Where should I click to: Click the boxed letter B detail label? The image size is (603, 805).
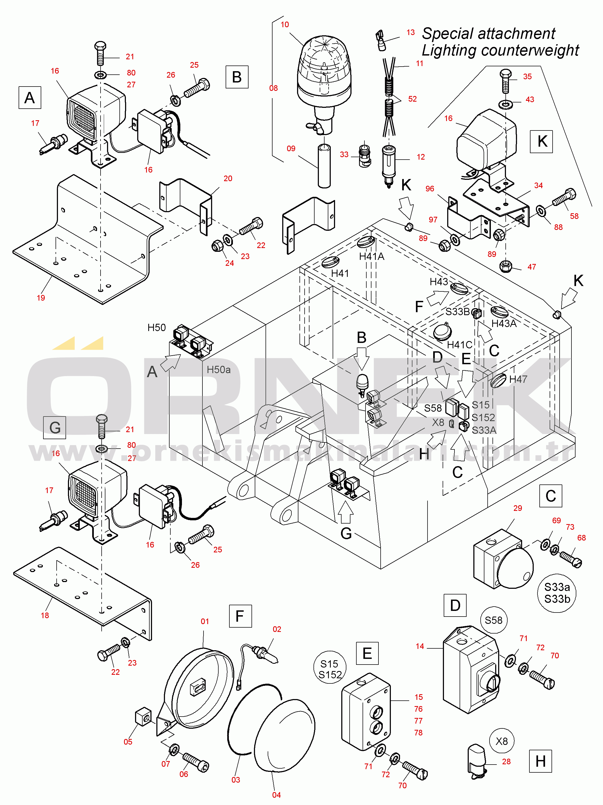(237, 77)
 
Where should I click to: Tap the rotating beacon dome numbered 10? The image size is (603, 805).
(324, 69)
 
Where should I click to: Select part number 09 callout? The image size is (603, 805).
(291, 149)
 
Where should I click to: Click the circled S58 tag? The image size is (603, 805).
(494, 620)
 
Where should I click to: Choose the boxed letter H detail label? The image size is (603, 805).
(540, 761)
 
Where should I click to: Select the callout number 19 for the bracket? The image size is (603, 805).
(41, 298)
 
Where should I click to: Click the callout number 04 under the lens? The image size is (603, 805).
(277, 795)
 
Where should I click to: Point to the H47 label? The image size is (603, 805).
(518, 379)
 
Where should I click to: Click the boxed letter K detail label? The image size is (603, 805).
(542, 141)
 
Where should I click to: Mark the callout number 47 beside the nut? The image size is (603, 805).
(532, 267)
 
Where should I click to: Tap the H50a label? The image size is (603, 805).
(219, 370)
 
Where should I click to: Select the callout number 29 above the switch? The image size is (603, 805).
(518, 508)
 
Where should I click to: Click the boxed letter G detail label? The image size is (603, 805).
(55, 427)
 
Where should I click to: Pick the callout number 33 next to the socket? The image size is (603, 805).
(344, 154)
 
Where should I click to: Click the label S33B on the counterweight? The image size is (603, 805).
(457, 312)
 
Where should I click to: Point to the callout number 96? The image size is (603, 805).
(430, 188)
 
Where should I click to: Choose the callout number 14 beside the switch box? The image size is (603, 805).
(420, 646)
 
